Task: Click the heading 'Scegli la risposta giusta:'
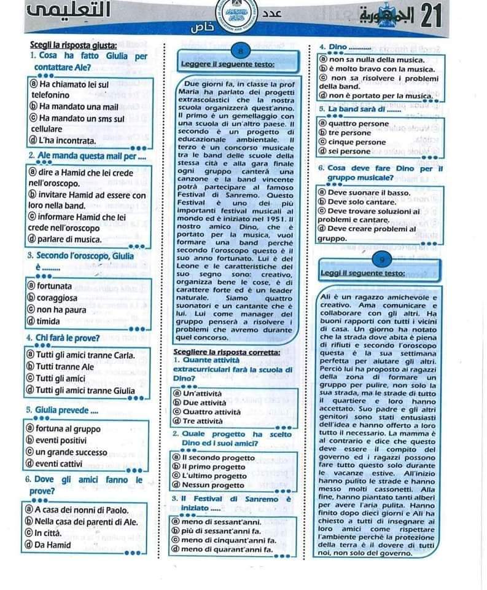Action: point(74,45)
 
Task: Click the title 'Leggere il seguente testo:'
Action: point(228,64)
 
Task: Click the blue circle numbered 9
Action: point(381,259)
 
